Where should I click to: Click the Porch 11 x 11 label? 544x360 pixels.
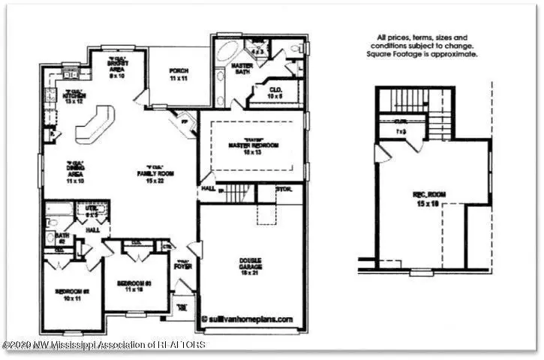click(179, 74)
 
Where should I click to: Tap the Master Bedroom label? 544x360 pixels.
click(253, 147)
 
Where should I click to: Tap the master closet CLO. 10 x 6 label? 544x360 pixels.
click(275, 92)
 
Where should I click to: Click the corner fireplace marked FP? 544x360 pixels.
click(184, 121)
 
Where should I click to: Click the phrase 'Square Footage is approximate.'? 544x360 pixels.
click(420, 55)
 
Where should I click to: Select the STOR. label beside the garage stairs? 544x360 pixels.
click(283, 189)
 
